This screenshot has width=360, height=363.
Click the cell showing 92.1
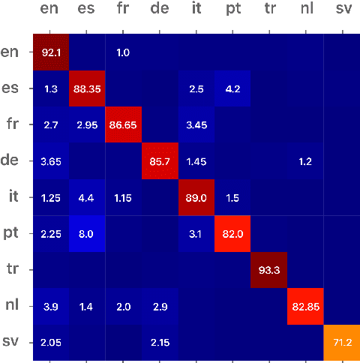pyautogui.click(x=50, y=52)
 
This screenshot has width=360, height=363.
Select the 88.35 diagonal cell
pyautogui.click(x=86, y=88)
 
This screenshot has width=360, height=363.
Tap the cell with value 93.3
pyautogui.click(x=268, y=269)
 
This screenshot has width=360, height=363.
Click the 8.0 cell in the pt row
pyautogui.click(x=86, y=232)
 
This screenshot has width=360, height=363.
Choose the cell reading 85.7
pyautogui.click(x=159, y=160)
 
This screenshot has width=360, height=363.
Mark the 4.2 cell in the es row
pyautogui.click(x=232, y=88)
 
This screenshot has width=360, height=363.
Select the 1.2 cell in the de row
pyautogui.click(x=304, y=160)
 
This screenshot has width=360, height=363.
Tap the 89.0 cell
pyautogui.click(x=196, y=196)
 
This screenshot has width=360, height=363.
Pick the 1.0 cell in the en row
pyautogui.click(x=123, y=52)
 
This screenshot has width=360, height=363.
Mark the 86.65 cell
pyautogui.click(x=123, y=124)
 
